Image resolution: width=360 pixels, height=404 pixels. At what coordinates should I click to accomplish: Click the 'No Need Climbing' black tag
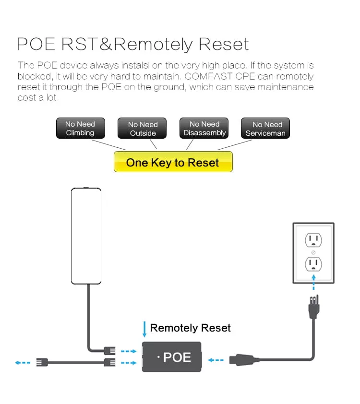point(80,128)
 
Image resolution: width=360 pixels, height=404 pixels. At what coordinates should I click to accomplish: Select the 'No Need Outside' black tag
point(143,129)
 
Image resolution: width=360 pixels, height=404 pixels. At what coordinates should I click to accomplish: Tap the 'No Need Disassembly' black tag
point(204,128)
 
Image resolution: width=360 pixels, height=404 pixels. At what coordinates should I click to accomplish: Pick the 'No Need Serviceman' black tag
point(265,129)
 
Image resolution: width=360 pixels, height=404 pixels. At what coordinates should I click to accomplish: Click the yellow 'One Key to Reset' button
point(173,162)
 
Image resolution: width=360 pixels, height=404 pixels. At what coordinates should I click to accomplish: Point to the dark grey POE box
point(171,357)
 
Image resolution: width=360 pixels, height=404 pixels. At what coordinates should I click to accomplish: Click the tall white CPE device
point(87,236)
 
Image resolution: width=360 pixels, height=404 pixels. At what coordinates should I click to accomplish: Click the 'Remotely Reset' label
point(190,328)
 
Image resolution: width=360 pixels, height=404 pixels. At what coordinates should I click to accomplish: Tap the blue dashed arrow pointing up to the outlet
point(313,283)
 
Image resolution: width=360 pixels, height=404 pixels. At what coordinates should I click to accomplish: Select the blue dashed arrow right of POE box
point(216,359)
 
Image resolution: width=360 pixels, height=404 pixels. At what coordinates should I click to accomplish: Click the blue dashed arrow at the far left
point(22,363)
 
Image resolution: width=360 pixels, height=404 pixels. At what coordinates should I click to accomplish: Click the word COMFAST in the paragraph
point(231,76)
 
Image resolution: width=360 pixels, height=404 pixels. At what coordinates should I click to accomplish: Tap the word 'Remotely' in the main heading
point(154,44)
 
